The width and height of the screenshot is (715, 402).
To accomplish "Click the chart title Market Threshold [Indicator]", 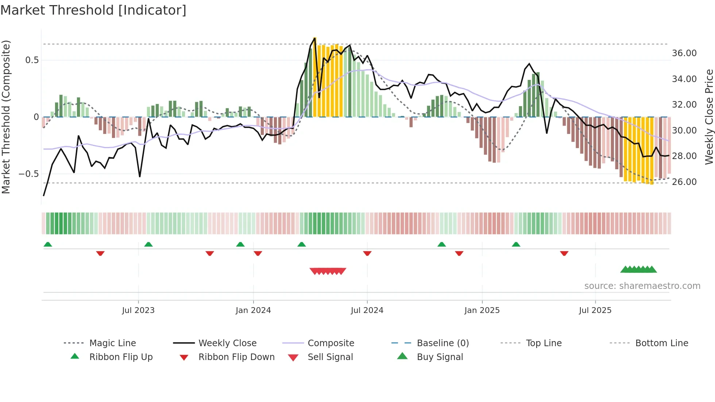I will pyautogui.click(x=93, y=10).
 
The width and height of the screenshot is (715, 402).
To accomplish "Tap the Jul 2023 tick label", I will pyautogui.click(x=138, y=310).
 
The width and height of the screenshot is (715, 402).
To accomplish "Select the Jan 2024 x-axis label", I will pyautogui.click(x=253, y=310).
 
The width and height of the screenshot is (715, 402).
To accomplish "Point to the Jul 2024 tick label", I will pyautogui.click(x=367, y=310).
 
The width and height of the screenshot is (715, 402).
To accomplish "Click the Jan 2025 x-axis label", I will pyautogui.click(x=482, y=310).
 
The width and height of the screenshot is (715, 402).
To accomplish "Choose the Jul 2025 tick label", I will pyautogui.click(x=595, y=310).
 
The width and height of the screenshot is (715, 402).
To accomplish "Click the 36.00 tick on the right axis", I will pyautogui.click(x=684, y=53).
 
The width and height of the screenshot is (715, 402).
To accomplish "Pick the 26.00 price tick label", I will pyautogui.click(x=684, y=182).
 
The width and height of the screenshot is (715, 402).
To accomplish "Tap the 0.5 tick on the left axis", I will pyautogui.click(x=32, y=60).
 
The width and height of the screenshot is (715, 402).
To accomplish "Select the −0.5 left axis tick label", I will pyautogui.click(x=29, y=174).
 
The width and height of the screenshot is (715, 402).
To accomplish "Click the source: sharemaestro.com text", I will pyautogui.click(x=642, y=286).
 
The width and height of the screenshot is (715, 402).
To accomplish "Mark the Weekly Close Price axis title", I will pyautogui.click(x=709, y=117).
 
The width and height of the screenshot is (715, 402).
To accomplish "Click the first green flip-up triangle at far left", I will pyautogui.click(x=48, y=244).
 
